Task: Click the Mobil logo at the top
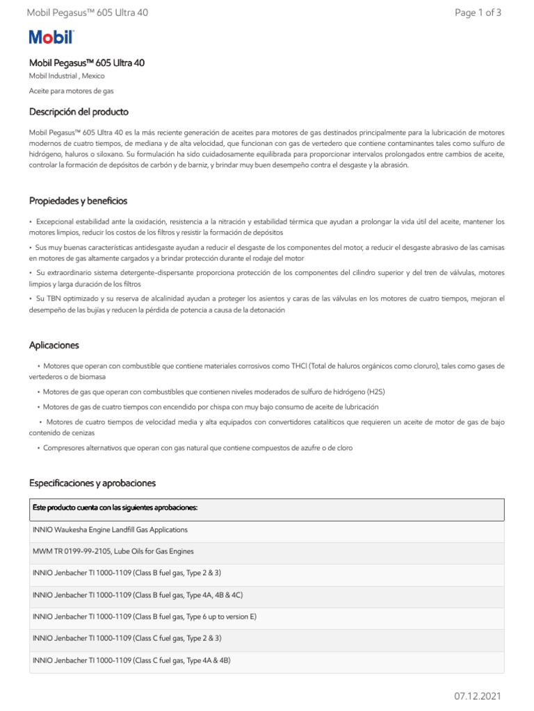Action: [51, 38]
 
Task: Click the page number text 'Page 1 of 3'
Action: [478, 12]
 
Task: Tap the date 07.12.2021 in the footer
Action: [478, 696]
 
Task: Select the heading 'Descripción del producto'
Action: [79, 112]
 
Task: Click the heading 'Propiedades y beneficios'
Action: [78, 201]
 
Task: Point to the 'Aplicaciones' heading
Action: [54, 345]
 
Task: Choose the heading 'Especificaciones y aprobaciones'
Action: [92, 483]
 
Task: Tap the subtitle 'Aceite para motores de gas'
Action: [71, 91]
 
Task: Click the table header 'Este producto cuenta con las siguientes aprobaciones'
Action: [115, 508]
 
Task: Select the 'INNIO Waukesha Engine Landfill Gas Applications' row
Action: [110, 530]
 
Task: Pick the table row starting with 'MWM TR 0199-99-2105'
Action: [113, 551]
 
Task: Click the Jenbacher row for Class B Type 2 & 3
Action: [127, 573]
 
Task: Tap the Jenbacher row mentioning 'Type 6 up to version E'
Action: [144, 616]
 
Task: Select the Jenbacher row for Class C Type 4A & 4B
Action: [131, 660]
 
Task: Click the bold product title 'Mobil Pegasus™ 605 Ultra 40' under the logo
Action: [87, 63]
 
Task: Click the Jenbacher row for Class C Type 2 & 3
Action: [127, 638]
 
